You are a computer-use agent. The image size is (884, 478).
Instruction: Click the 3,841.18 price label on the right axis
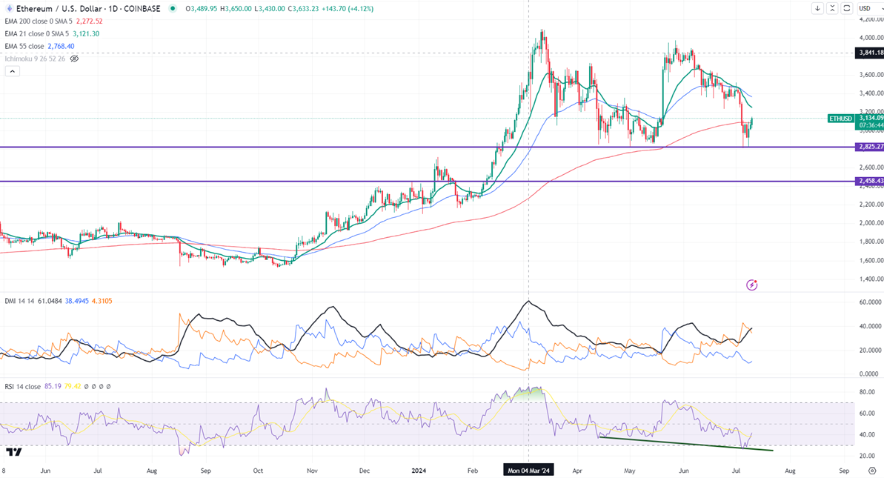coord(869,53)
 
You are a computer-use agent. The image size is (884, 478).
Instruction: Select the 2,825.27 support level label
coord(869,147)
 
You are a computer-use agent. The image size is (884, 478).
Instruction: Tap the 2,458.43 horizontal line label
coord(869,181)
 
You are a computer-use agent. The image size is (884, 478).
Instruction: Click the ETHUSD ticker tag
coord(841,118)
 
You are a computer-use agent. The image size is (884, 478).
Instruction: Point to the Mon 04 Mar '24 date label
coord(528,470)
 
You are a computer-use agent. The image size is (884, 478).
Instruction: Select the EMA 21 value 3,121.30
coord(85,33)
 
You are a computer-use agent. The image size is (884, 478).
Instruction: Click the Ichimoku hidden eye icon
coord(74,59)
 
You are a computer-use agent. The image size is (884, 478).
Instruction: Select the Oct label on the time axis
coord(258,470)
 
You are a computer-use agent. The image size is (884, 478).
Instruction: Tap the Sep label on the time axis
coord(844,470)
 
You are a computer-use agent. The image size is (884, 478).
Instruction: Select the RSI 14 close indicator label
coord(22,386)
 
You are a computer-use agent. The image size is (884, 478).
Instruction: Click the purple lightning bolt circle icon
coord(752,285)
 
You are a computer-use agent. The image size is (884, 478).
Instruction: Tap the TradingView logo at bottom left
coord(13,451)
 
